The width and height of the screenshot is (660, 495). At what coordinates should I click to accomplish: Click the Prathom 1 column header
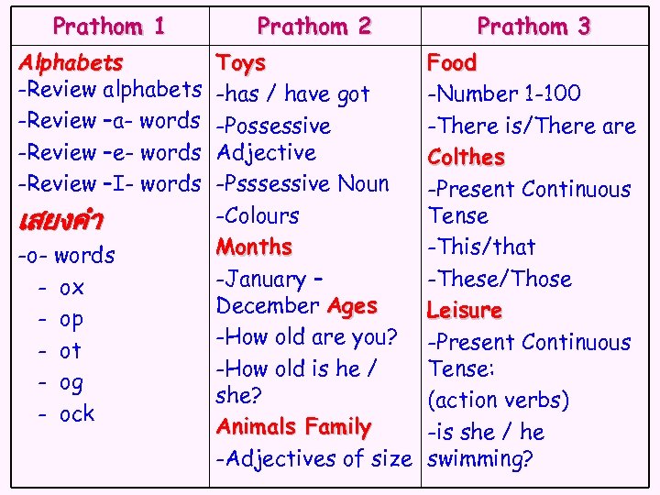click(109, 26)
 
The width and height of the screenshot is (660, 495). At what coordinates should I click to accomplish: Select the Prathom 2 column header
click(313, 26)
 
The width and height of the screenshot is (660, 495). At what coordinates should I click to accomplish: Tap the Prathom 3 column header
click(533, 26)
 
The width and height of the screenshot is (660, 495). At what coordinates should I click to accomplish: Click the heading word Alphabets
click(71, 62)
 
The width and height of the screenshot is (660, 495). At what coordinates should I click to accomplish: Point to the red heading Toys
click(240, 62)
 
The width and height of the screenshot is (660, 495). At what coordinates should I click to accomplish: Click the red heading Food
click(452, 62)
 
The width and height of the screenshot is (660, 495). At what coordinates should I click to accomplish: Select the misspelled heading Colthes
click(466, 157)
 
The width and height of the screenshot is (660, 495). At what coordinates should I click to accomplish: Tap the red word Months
click(254, 247)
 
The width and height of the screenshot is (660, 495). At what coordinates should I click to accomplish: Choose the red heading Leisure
click(465, 311)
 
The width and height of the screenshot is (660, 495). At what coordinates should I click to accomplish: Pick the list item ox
click(71, 288)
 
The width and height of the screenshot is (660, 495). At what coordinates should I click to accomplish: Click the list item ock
click(76, 414)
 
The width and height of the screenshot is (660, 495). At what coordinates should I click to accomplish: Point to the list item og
click(71, 382)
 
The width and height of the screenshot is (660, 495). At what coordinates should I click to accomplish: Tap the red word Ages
click(352, 305)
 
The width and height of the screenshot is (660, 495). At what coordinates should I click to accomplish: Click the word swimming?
click(480, 458)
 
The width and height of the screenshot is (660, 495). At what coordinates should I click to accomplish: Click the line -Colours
click(258, 215)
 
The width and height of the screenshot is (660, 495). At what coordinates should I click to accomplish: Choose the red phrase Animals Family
click(293, 426)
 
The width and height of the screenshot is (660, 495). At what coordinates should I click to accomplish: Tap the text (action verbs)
click(499, 401)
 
